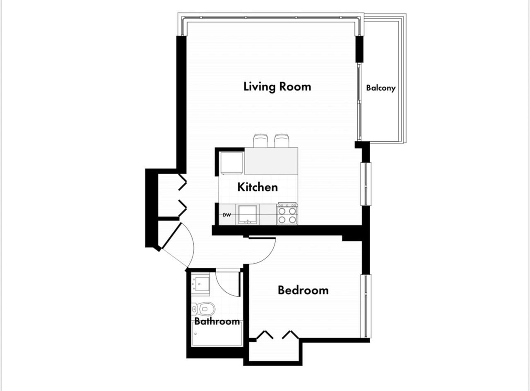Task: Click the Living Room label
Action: pyautogui.click(x=277, y=86)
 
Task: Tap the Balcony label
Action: pyautogui.click(x=381, y=88)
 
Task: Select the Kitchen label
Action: pyautogui.click(x=257, y=187)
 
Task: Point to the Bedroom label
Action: pyautogui.click(x=303, y=290)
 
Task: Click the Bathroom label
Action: pyautogui.click(x=217, y=321)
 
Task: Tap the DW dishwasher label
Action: pyautogui.click(x=226, y=215)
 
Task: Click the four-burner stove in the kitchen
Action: pyautogui.click(x=287, y=214)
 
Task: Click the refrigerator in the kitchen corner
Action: pyautogui.click(x=231, y=163)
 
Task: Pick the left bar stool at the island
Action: pyautogui.click(x=261, y=141)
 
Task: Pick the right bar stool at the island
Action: pyautogui.click(x=282, y=141)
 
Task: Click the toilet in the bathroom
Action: pyautogui.click(x=205, y=309)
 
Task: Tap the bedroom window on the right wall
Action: pyautogui.click(x=365, y=306)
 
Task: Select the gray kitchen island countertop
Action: pyautogui.click(x=271, y=161)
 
